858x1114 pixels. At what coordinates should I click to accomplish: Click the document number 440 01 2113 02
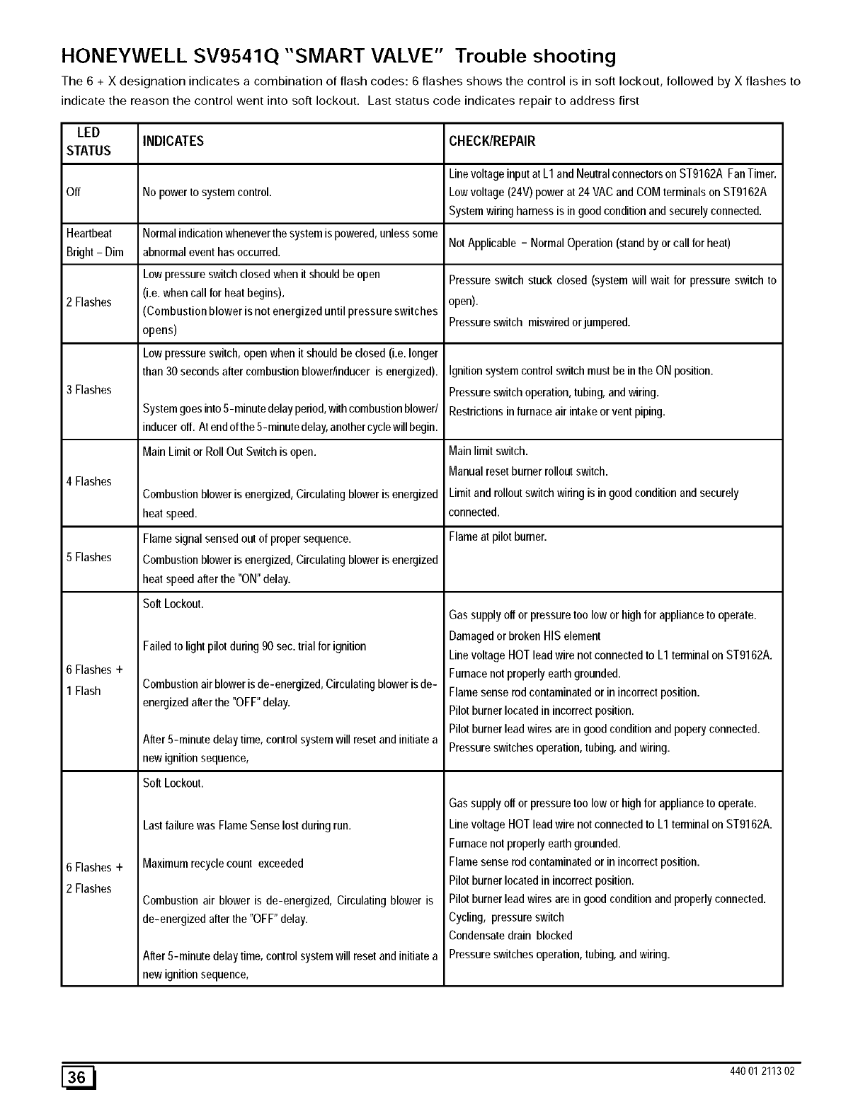(762, 1071)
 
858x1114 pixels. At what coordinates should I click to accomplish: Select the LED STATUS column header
(88, 142)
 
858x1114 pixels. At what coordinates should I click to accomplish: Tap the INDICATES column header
(173, 142)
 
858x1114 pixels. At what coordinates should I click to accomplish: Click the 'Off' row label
(74, 193)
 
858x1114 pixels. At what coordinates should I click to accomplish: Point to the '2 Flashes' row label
(89, 302)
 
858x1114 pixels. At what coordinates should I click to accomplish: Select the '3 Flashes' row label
(89, 390)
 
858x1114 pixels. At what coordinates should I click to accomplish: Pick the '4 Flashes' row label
(89, 481)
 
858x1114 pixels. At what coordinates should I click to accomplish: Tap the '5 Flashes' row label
(89, 557)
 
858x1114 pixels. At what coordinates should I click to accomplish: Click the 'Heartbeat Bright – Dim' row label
(95, 243)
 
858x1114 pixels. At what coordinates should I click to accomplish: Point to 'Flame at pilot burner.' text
(498, 537)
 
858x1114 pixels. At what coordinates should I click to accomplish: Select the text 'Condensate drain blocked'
(510, 936)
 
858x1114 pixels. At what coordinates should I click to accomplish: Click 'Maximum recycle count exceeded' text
(223, 863)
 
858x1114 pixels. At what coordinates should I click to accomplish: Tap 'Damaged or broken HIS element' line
(525, 636)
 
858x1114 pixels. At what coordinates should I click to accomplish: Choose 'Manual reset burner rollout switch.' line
(529, 471)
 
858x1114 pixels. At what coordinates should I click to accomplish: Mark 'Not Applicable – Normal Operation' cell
(589, 243)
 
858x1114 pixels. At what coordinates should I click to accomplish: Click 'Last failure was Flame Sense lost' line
(247, 825)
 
